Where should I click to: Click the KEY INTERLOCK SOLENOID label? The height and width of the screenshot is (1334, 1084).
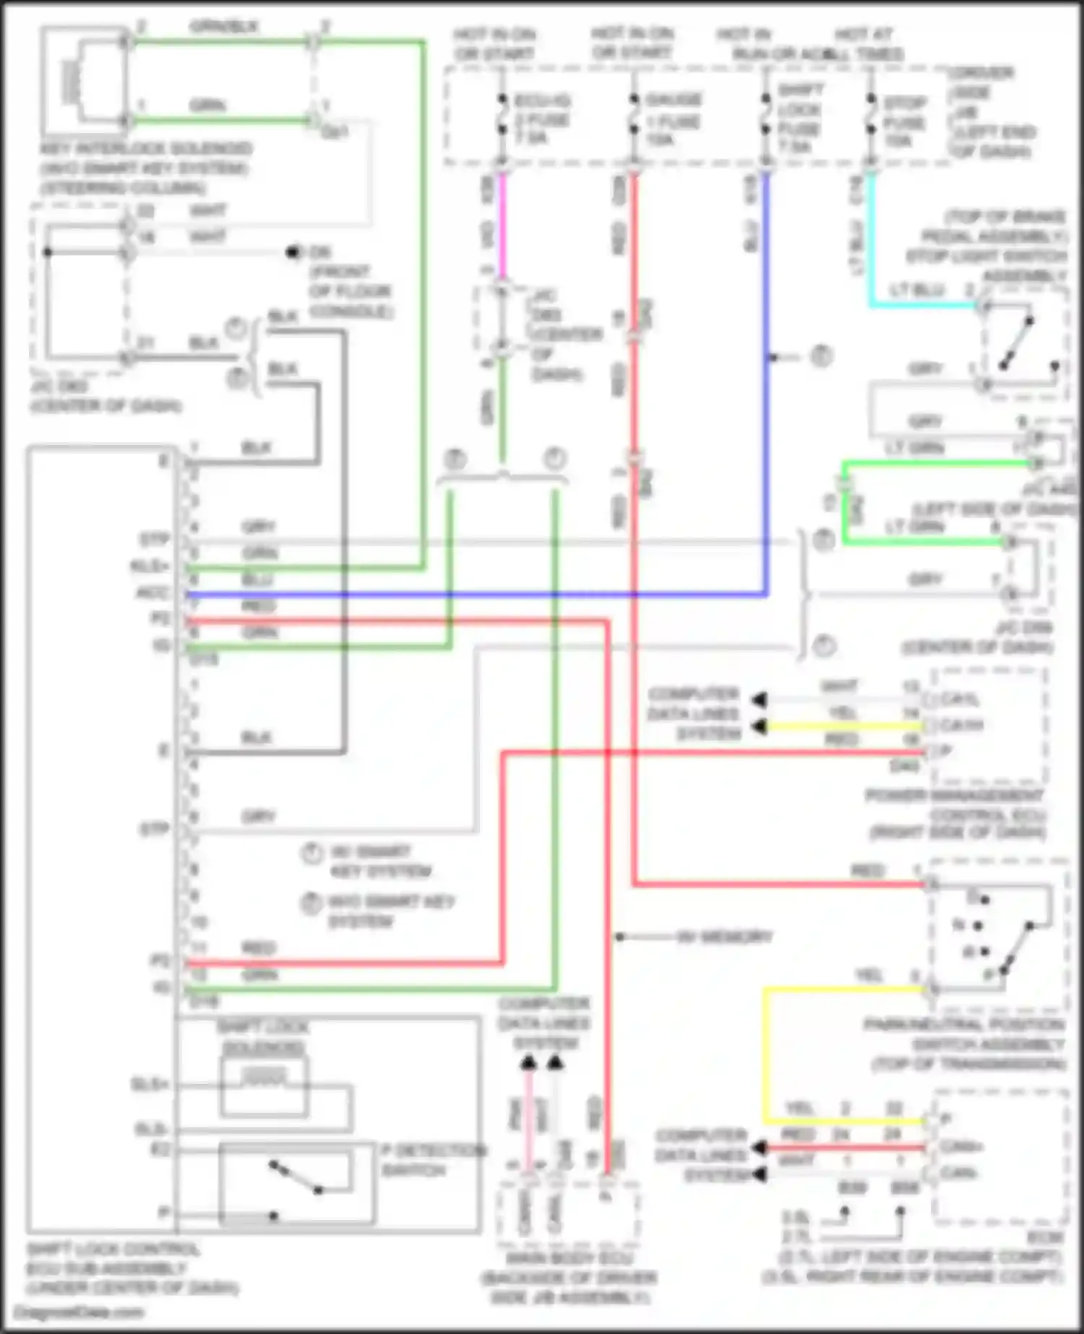coord(145,150)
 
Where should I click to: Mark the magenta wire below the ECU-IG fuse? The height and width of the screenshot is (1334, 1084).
coord(502,224)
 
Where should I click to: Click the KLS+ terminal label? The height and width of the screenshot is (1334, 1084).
coord(150,566)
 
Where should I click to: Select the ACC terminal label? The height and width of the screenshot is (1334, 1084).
coord(152,593)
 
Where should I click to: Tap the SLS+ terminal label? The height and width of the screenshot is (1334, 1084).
coord(150,1085)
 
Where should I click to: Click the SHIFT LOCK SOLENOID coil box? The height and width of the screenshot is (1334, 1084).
coord(264,1086)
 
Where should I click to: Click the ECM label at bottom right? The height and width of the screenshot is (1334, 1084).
coord(1045,1238)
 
